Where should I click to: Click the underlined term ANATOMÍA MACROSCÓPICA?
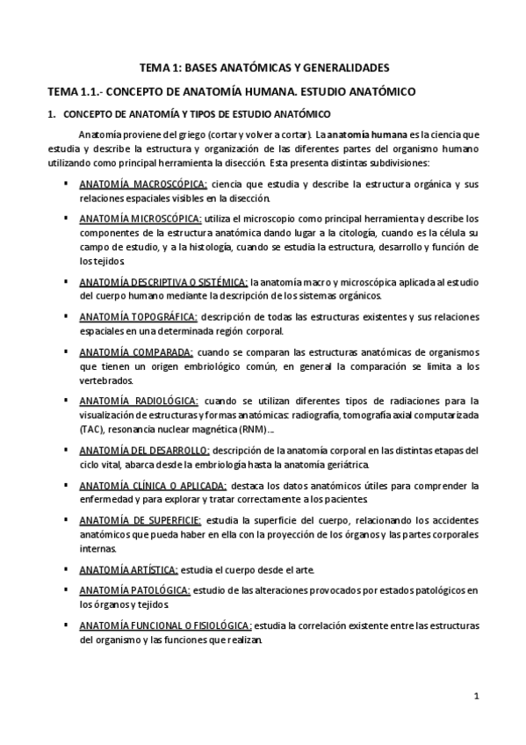(x=143, y=184)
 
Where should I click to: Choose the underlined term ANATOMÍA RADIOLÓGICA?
(x=139, y=400)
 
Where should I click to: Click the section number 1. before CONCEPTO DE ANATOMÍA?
(x=50, y=114)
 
